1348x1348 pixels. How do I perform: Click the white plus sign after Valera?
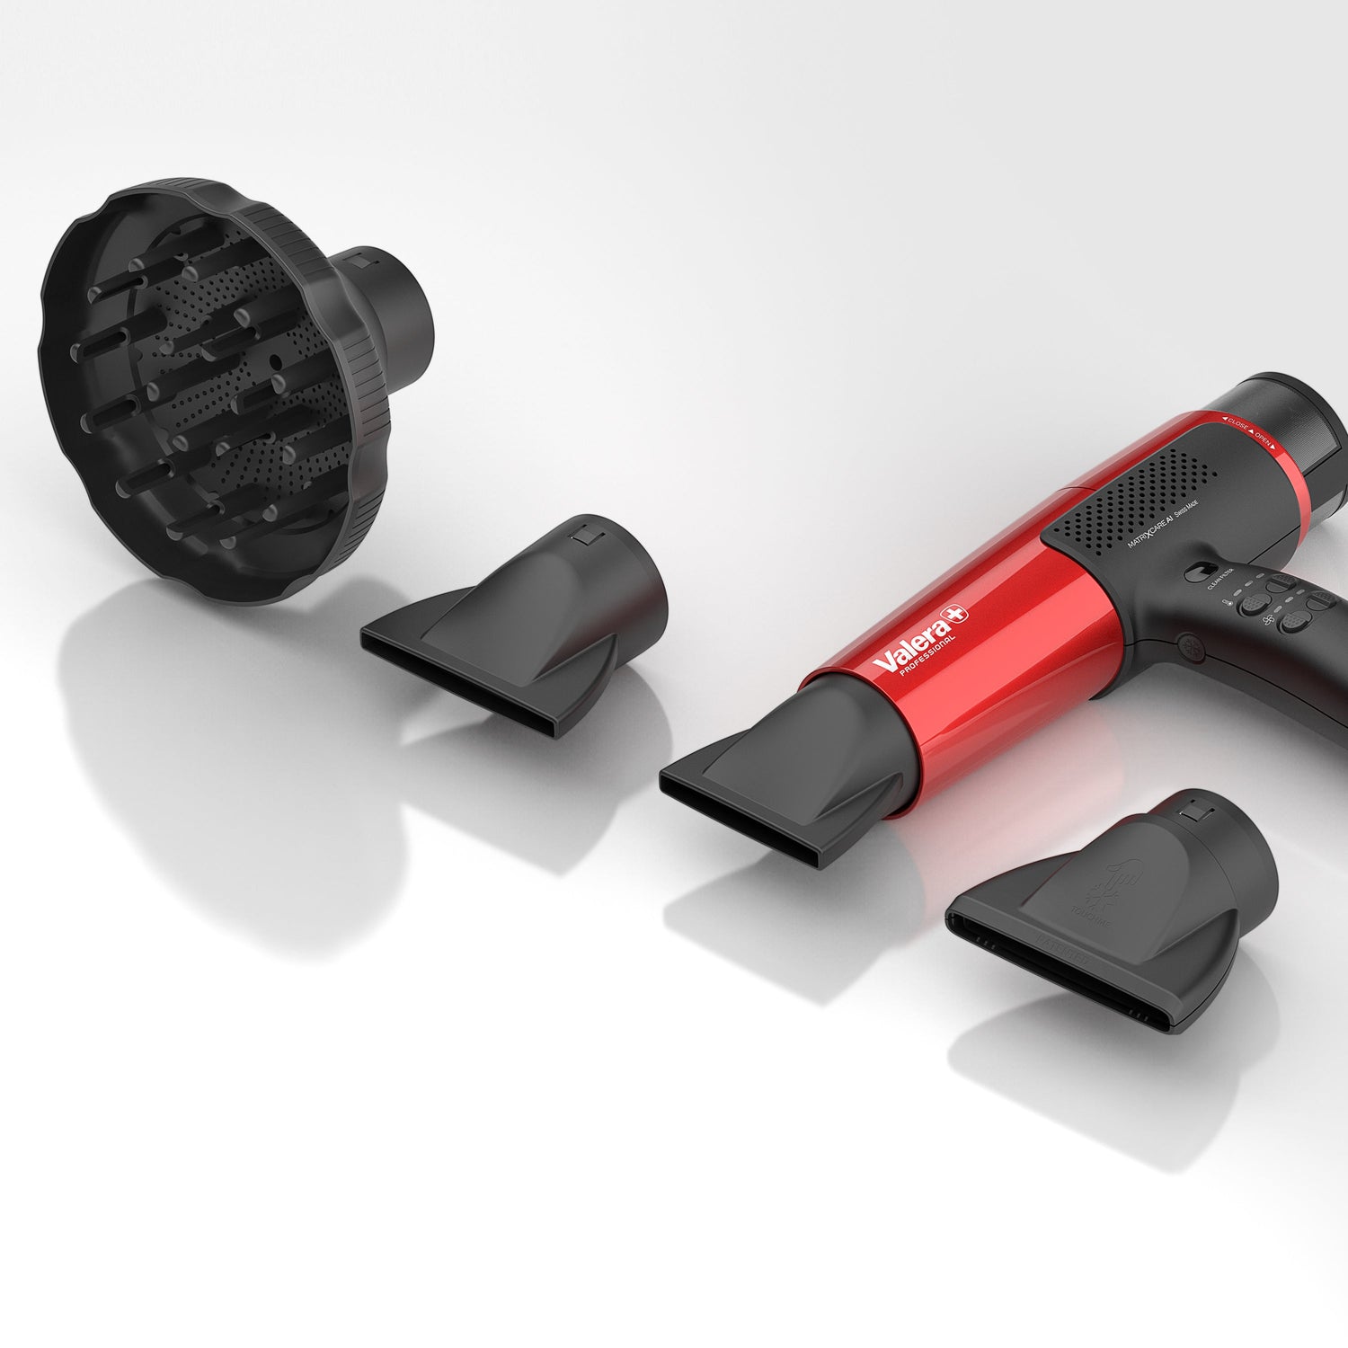click(959, 612)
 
